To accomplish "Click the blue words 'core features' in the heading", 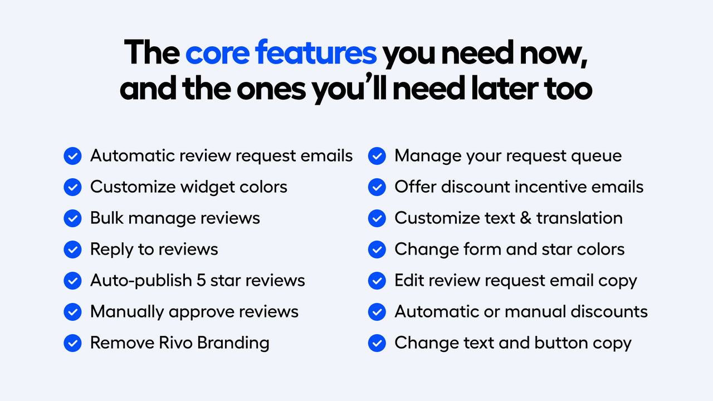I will point(281,53).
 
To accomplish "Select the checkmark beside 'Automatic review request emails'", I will point(72,156).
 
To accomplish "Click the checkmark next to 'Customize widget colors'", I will point(72,187).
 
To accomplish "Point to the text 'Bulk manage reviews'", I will point(175,218).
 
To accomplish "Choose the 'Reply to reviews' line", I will point(154,249).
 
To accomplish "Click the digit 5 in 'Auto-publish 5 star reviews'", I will point(202,280).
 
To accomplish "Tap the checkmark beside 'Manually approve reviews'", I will point(72,311).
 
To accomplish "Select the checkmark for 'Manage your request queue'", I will point(377,156).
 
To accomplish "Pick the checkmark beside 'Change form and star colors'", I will point(377,249).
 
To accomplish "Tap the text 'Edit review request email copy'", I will point(515,281).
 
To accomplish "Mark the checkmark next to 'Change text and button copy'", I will point(377,343).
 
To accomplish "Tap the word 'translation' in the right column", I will point(579,218).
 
